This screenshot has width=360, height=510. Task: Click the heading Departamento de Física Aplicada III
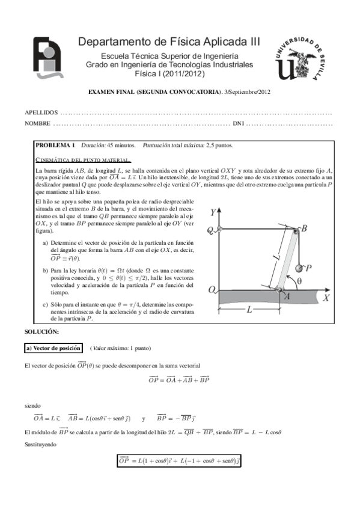[x=169, y=41]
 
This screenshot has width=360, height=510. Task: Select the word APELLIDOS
[x=41, y=112]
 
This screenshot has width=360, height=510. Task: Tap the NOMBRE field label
[x=37, y=124]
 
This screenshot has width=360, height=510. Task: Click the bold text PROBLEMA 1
[x=55, y=146]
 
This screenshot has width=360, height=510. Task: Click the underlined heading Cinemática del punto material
[x=83, y=160]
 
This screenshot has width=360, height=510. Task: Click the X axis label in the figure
[x=326, y=297]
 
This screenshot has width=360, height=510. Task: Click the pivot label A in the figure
[x=286, y=297]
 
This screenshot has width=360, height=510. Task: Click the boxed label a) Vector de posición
[x=53, y=348]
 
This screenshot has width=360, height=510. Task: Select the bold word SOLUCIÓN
[x=41, y=332]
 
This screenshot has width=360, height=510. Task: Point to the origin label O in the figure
[x=212, y=289]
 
